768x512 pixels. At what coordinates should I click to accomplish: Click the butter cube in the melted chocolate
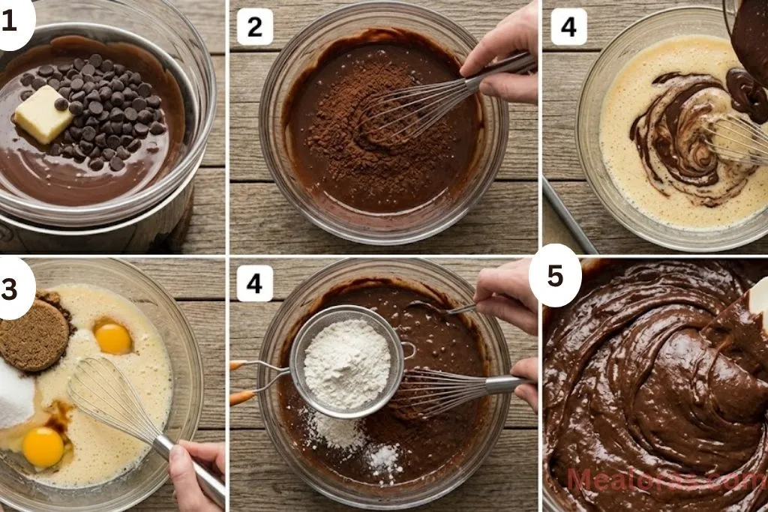tap(43, 114)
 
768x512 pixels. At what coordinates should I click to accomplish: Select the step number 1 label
tap(10, 22)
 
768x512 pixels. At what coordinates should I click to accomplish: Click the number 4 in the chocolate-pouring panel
tap(568, 28)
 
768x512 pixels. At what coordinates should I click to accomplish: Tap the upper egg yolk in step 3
tap(113, 339)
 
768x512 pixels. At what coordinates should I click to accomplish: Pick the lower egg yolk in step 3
tap(43, 448)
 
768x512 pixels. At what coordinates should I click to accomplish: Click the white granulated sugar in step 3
tap(13, 394)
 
